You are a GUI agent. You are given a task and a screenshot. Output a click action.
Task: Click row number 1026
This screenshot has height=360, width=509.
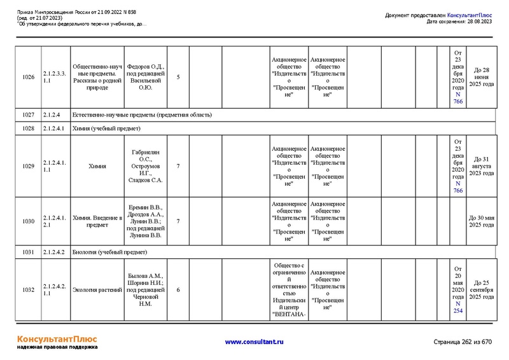(x=28, y=77)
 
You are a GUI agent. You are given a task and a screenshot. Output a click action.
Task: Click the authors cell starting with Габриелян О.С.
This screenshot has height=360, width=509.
(x=146, y=166)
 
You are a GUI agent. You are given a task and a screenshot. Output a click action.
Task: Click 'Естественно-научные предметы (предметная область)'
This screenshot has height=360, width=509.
(x=141, y=115)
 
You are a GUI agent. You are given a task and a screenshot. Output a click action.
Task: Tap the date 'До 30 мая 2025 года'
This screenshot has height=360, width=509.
(x=481, y=221)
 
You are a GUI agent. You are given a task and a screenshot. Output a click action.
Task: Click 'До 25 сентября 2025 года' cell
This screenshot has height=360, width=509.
(x=481, y=290)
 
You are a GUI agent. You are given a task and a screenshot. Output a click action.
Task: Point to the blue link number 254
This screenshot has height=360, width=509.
(x=458, y=311)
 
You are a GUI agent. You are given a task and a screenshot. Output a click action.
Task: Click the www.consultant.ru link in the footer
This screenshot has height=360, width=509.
(x=254, y=342)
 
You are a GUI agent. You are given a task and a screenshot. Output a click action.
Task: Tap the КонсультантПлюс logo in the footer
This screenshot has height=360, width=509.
(x=57, y=339)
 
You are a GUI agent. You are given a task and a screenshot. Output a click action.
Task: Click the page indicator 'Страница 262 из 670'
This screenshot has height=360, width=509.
(x=463, y=342)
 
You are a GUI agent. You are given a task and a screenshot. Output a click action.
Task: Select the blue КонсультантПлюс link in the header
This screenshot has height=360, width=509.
(x=470, y=15)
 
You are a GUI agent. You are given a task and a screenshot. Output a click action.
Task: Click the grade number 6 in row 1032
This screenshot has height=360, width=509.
(x=178, y=290)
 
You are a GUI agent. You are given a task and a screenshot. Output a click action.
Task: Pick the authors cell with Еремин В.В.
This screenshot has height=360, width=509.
(x=146, y=221)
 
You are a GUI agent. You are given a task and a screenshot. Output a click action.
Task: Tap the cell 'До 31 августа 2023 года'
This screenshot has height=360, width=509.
(x=481, y=166)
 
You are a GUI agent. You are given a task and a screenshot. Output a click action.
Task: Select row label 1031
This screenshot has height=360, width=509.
(x=28, y=253)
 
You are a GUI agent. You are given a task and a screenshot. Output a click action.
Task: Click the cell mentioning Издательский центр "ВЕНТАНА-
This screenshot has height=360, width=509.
(x=289, y=290)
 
